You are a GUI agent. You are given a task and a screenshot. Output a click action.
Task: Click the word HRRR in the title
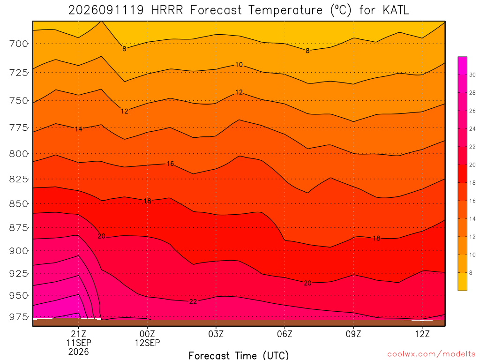coord(167,10)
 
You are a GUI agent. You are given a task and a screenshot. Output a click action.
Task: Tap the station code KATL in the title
coord(396,10)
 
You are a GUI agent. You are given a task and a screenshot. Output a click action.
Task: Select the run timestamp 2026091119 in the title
coord(106,10)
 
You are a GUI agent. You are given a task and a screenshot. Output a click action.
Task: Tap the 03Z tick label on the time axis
coord(216,334)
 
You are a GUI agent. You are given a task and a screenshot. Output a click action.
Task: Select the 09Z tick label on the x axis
coord(353,334)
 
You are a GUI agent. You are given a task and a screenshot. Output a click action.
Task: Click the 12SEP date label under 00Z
coord(147,343)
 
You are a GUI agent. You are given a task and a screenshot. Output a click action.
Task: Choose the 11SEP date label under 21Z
coord(79,343)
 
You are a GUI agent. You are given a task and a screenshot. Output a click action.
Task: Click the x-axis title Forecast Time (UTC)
coord(239,355)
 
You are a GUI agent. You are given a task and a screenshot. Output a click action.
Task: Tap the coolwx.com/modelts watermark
coord(431,354)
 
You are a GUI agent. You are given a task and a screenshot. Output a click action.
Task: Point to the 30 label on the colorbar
coord(472,75)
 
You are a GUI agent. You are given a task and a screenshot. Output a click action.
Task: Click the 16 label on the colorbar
coord(472,201)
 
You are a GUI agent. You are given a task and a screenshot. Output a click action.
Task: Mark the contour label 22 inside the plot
coord(193,302)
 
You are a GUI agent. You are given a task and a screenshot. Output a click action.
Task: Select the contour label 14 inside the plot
coord(79,129)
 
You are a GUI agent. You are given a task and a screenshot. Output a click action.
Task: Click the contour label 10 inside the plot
coord(239,65)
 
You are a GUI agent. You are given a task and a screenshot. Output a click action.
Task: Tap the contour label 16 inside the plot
coord(170,164)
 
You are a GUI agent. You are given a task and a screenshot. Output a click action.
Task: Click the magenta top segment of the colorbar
coord(463,66)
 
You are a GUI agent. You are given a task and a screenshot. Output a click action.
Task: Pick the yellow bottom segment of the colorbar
coord(463,281)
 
